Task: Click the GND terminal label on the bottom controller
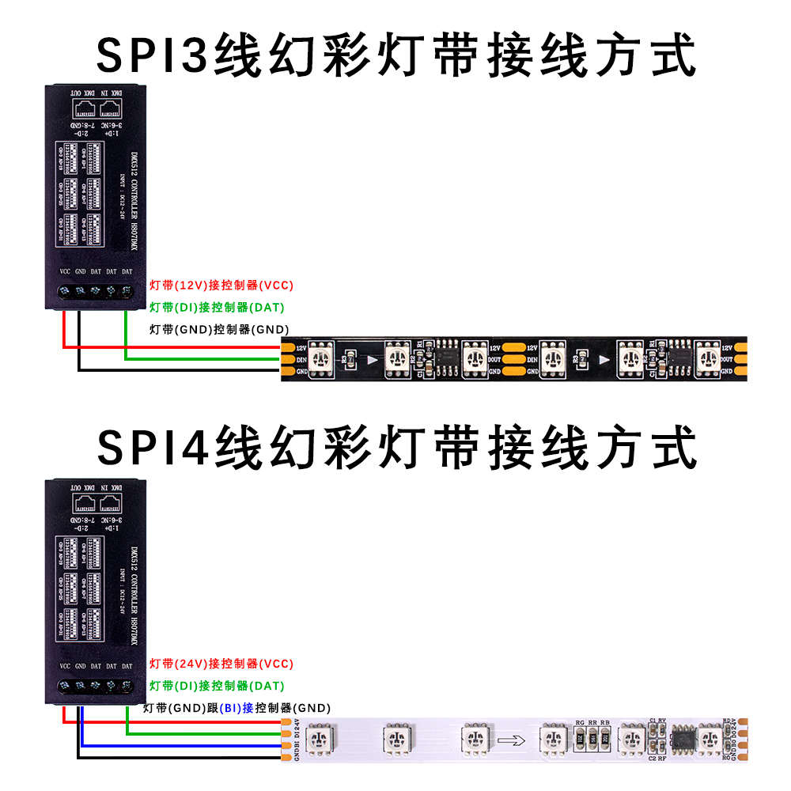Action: (x=80, y=667)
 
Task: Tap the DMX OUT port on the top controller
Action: (x=81, y=110)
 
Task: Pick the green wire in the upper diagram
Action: (x=198, y=359)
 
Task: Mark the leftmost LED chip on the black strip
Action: (x=321, y=358)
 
